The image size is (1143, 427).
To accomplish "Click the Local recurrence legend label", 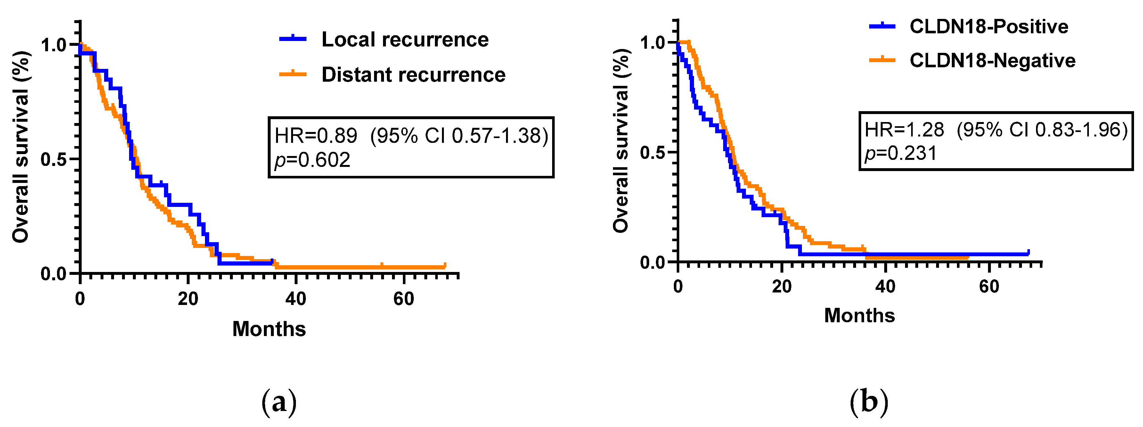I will [x=405, y=39].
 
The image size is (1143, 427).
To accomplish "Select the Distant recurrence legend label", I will [x=413, y=75].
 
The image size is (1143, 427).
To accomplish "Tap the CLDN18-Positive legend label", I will [x=989, y=27].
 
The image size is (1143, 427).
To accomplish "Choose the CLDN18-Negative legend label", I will [x=992, y=60].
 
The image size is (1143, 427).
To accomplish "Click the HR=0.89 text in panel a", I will [x=316, y=136].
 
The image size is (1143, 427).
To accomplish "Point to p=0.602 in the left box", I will [x=312, y=160].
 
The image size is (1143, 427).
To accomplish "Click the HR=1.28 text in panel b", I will [x=904, y=130].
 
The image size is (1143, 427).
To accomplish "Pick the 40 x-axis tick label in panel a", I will [x=296, y=299].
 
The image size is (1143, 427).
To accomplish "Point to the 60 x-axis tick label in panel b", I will [x=989, y=287].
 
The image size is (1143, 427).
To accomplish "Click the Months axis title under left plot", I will [x=269, y=329].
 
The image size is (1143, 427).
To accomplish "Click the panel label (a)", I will [x=279, y=402].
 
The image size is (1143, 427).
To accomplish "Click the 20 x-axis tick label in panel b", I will [x=781, y=287].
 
